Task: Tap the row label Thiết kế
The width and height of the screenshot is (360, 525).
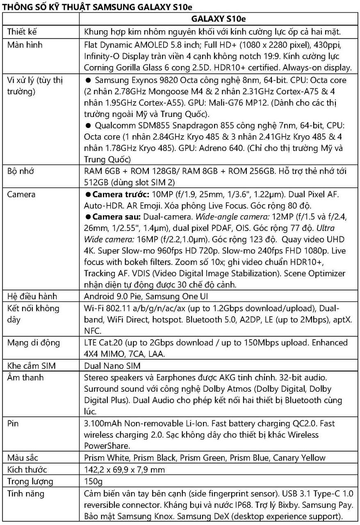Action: (x=22, y=32)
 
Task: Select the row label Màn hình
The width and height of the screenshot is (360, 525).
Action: (x=25, y=45)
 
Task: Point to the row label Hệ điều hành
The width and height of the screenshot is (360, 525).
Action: (x=32, y=296)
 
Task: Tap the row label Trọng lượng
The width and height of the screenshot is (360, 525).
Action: (x=30, y=481)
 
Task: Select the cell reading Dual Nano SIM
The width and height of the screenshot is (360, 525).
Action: (x=112, y=365)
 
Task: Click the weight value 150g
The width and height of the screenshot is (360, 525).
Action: (x=93, y=481)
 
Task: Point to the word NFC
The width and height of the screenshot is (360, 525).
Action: (x=92, y=330)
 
